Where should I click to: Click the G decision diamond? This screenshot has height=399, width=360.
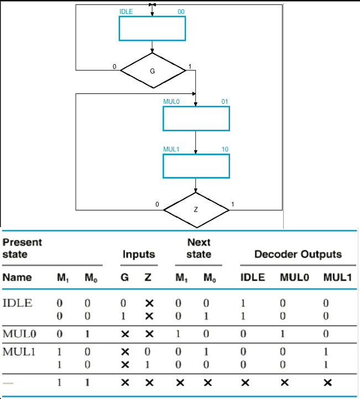click(153, 70)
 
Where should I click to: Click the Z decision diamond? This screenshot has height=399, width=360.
click(196, 209)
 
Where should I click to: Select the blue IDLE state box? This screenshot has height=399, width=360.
click(152, 28)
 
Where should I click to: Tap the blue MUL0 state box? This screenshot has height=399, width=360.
click(196, 118)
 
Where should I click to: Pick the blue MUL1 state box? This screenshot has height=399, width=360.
click(196, 166)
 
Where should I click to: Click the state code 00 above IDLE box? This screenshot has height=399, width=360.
click(181, 12)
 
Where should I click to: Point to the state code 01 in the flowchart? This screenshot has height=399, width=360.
click(225, 102)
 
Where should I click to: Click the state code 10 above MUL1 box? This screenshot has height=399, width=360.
click(225, 149)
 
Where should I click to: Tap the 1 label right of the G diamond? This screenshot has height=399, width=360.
click(190, 67)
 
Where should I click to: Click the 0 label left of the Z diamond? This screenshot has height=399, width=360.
click(158, 205)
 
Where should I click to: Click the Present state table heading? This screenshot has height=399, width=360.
click(22, 248)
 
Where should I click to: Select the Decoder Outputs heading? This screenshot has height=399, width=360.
click(298, 254)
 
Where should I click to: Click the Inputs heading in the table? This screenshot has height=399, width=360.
click(138, 254)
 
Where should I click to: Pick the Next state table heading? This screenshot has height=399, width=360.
click(199, 248)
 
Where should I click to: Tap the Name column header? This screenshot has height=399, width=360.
click(17, 277)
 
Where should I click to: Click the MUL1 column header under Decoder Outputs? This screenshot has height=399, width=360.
click(338, 277)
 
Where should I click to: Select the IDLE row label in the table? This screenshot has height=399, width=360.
click(17, 303)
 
